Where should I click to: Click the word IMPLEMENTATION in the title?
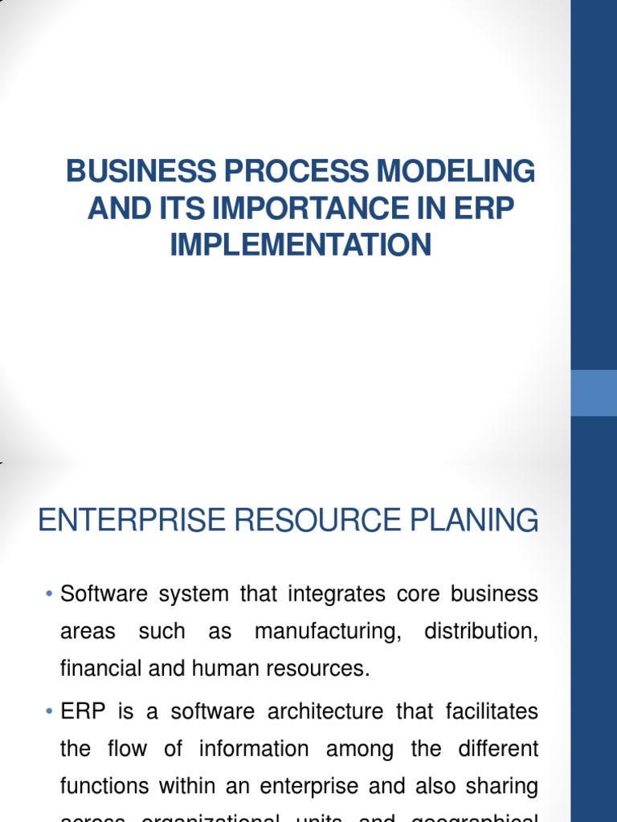[x=300, y=245]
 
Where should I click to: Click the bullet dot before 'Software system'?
[x=50, y=595]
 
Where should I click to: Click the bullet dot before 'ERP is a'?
[x=50, y=712]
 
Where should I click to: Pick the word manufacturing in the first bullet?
[x=328, y=633]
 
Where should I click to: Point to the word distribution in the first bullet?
[x=480, y=633]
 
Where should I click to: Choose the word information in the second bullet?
[x=255, y=750]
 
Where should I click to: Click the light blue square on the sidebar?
[x=594, y=393]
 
